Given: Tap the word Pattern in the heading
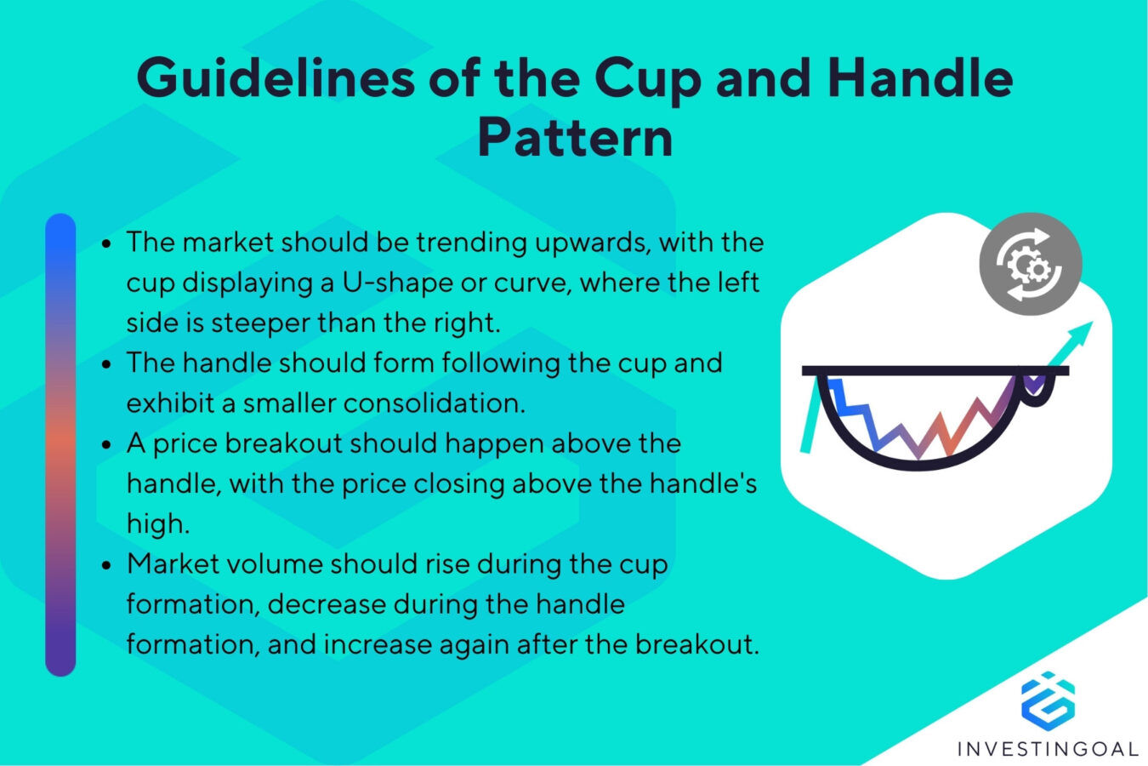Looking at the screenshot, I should coord(575,138).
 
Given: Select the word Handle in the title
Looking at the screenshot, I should coord(920,78).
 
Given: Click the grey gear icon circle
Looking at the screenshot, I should coord(1031,264).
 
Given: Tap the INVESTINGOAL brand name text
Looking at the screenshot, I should coord(1048,749).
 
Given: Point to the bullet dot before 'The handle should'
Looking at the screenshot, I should coord(106,363).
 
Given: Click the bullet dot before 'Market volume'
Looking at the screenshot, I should coord(106,564).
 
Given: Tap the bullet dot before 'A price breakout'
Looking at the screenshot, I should coord(106,444).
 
